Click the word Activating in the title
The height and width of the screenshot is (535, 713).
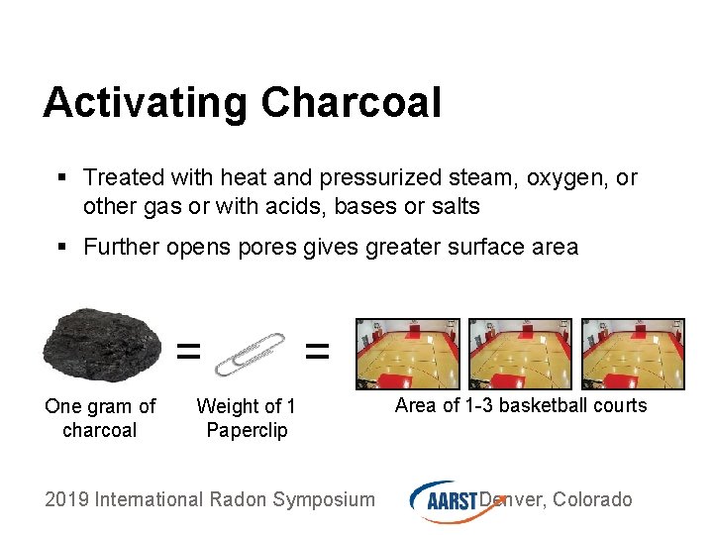coord(145,104)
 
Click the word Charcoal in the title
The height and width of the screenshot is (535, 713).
coord(351,102)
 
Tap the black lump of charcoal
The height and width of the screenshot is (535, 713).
coord(102,345)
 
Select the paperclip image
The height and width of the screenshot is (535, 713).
coord(251,355)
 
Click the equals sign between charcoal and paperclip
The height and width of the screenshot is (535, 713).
coord(188,351)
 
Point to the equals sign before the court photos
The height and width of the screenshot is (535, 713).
coord(317,351)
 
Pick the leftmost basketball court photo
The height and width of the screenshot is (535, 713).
coord(408,354)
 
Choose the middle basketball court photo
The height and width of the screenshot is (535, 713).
coord(520,354)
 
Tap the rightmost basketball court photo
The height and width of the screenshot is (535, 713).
coord(633,354)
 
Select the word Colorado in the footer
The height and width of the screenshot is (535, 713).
coord(592,499)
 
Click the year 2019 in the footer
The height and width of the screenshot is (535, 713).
coord(66,499)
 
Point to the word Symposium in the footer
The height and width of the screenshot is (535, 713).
coord(324,501)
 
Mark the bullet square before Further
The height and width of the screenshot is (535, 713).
coord(62,247)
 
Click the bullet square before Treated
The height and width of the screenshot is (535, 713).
coord(62,177)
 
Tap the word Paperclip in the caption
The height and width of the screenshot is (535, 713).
coord(247,430)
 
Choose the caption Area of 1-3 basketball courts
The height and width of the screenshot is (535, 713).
coord(521,405)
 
